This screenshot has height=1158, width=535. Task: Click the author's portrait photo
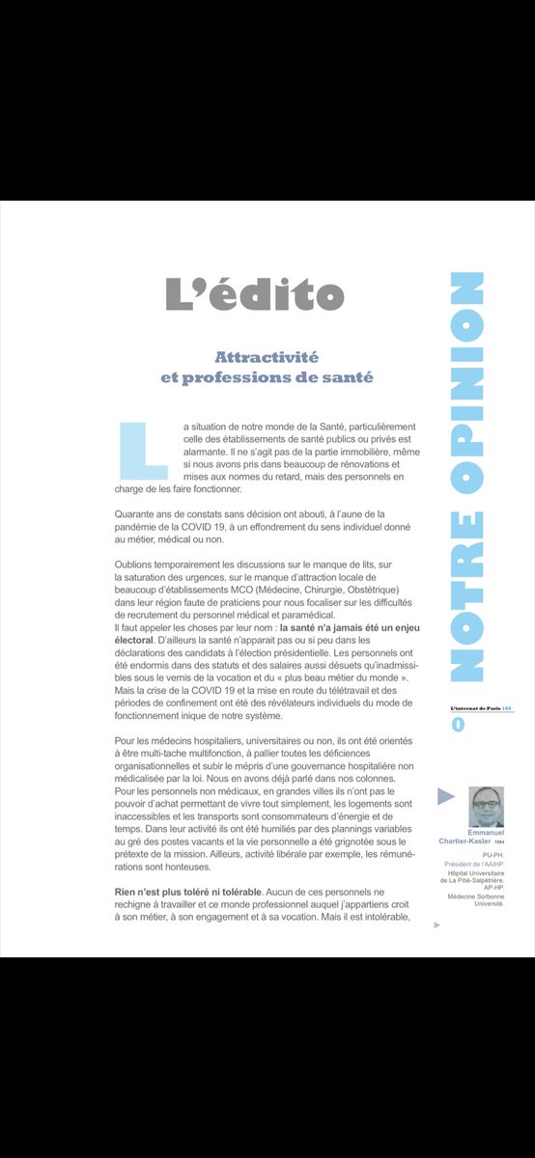pos(486,806)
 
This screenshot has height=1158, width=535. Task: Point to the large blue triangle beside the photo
pos(446,797)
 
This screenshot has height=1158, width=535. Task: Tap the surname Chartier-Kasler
pos(467,841)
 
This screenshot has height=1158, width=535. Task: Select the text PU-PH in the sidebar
pos(493,853)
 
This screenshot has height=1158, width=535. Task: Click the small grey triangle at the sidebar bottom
pos(437,924)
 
